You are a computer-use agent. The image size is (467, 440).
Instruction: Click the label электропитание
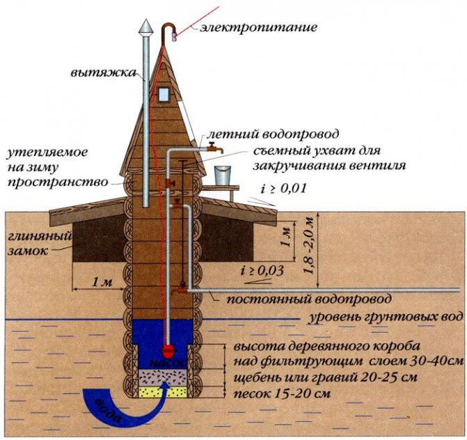click(x=258, y=27)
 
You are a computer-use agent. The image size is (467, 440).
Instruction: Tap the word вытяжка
click(x=103, y=73)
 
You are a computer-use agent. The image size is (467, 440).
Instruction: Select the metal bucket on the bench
click(x=223, y=175)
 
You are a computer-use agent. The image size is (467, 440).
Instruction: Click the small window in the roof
click(x=164, y=94)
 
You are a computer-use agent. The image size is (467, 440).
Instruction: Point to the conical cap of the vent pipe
click(x=146, y=26)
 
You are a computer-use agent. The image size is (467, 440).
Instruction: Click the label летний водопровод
click(x=273, y=134)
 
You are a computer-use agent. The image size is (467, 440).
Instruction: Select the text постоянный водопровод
click(x=309, y=299)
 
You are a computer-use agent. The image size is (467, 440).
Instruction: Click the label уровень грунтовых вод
click(x=386, y=317)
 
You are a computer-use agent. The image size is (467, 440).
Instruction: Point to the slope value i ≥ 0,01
click(x=283, y=189)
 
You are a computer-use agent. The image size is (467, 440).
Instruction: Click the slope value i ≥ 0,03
click(x=262, y=271)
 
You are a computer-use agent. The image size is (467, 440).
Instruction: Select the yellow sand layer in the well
click(x=164, y=393)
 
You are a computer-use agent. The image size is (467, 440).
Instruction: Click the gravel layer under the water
click(x=164, y=378)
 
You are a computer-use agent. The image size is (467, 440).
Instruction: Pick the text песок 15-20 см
click(x=282, y=393)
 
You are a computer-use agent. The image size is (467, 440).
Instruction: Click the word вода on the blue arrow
click(x=109, y=411)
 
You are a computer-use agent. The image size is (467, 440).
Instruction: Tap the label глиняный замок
click(x=40, y=244)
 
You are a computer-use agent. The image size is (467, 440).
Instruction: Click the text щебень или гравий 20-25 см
click(x=325, y=377)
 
